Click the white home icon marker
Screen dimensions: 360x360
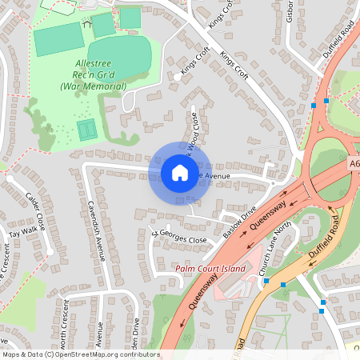click(x=179, y=173)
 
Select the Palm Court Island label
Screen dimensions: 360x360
click(x=210, y=269)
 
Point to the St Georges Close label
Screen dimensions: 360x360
click(x=180, y=238)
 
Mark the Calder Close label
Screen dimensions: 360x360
click(x=35, y=209)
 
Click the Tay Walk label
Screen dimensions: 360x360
click(x=22, y=233)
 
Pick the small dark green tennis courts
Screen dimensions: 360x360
click(x=86, y=129)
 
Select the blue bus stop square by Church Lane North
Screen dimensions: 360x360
click(x=283, y=284)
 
